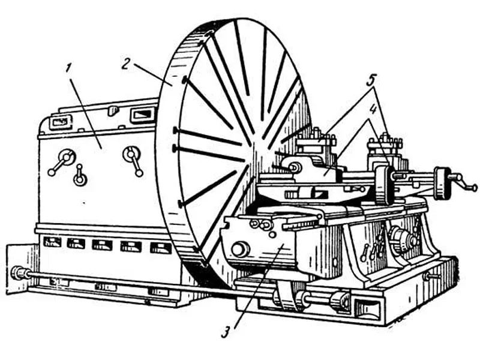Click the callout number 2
coord(126,64)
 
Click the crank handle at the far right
coord(463,182)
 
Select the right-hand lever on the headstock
coord(133,160)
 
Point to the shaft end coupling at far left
coord(19,273)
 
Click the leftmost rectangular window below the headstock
coord(52,242)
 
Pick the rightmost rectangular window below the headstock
coord(160,247)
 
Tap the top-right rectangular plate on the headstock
coord(142,114)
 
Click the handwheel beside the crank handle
coord(442,182)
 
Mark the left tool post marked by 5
coord(316,144)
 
